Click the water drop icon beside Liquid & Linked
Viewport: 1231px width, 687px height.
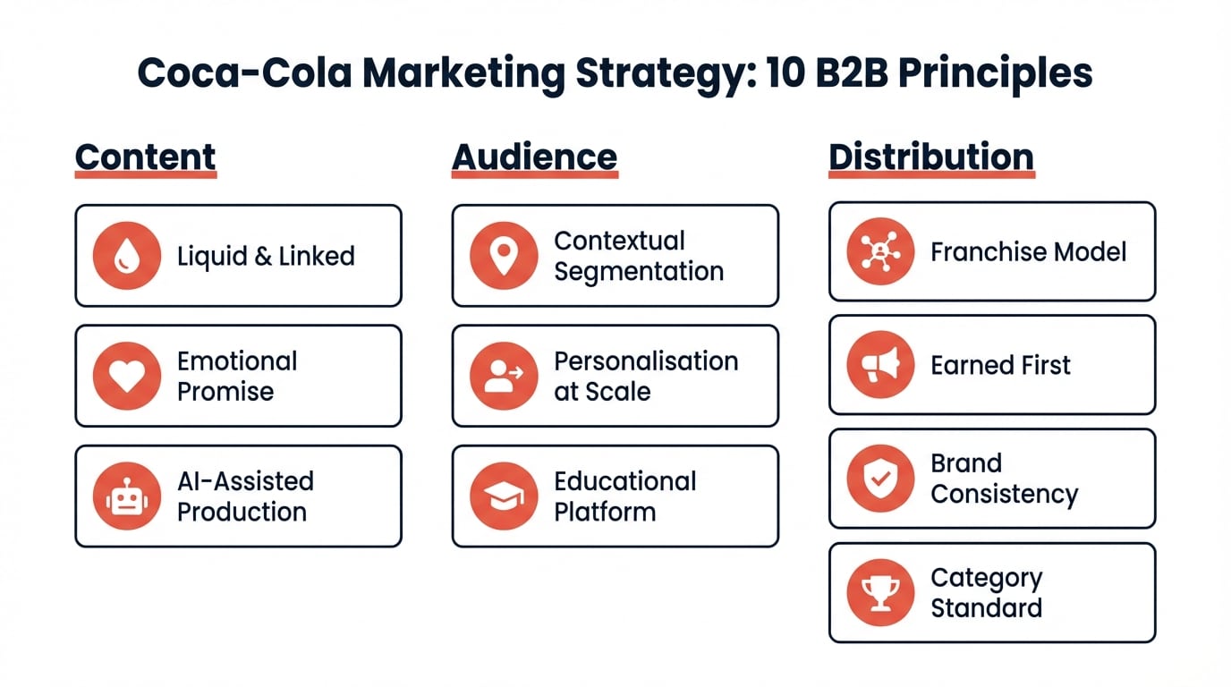127,256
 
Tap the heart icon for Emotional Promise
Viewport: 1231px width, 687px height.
127,376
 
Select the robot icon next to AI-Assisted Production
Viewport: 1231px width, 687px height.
127,496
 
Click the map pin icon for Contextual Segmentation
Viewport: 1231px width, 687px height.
504,256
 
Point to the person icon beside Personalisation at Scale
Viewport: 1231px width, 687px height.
504,376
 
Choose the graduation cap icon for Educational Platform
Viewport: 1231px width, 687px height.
504,496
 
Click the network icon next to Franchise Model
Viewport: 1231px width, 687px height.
880,251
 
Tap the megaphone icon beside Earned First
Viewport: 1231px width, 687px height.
880,365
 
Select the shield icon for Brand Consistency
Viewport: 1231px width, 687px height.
880,479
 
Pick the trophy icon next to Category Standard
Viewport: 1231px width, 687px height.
880,592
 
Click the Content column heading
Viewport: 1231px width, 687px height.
145,157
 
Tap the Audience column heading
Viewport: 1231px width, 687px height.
534,157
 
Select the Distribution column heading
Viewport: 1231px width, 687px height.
930,157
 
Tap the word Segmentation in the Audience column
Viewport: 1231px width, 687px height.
639,271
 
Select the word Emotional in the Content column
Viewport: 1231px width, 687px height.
237,360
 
